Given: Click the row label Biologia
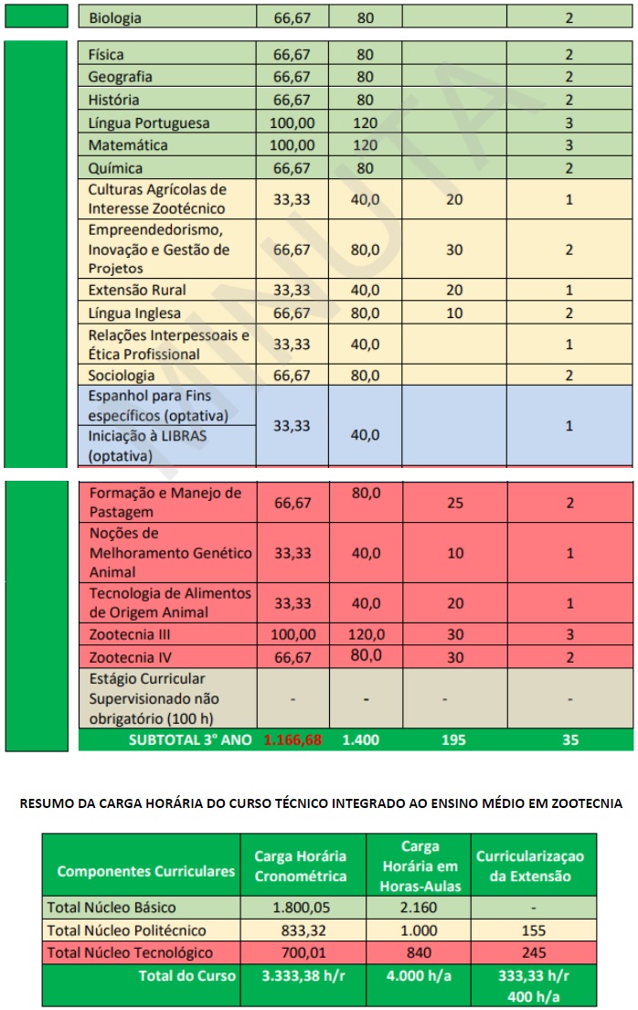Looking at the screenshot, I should (x=115, y=17).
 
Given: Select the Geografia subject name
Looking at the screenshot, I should (x=121, y=77).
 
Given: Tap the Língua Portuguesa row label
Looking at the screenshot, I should (x=149, y=122).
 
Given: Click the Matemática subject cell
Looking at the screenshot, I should (x=128, y=145).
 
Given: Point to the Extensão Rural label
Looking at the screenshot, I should (x=137, y=290).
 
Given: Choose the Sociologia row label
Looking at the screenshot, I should (x=122, y=375).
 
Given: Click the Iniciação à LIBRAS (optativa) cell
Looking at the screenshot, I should (x=147, y=445).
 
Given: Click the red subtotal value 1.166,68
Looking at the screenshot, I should (x=292, y=739).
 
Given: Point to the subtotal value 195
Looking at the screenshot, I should (x=454, y=739).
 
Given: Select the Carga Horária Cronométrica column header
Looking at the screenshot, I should (x=301, y=866).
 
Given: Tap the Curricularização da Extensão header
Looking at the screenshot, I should (x=529, y=866).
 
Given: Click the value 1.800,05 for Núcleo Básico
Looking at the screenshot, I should (x=301, y=908).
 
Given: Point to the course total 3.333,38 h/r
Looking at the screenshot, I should (x=301, y=975).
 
